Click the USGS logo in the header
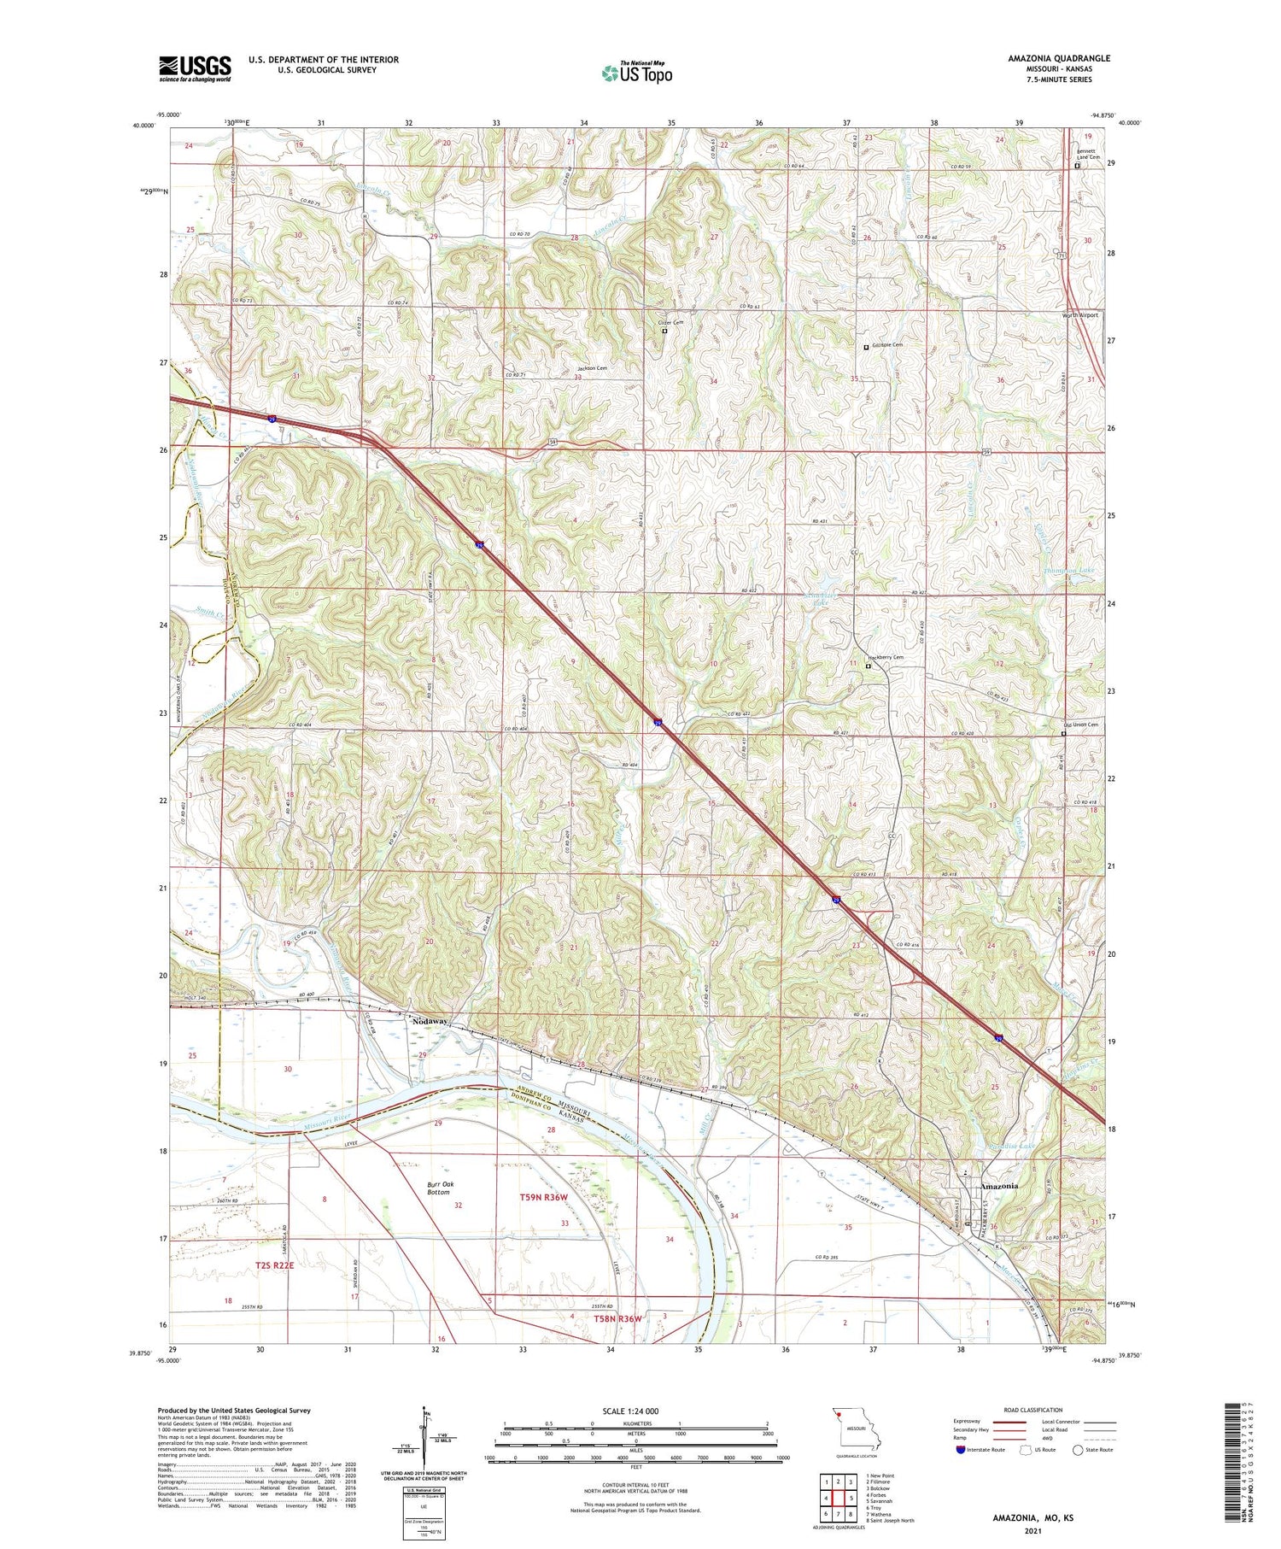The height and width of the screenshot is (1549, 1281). (x=195, y=68)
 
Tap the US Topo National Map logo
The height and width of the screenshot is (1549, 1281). (x=637, y=73)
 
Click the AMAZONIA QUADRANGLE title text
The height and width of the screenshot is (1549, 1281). (x=1059, y=58)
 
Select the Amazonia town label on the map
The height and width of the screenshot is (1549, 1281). (x=998, y=1186)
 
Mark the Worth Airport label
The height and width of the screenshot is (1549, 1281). (x=1079, y=315)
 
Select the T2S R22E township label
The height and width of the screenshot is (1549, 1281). (x=274, y=1264)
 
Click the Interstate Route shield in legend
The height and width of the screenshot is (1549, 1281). (x=962, y=1450)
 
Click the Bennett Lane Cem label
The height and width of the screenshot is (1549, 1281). (x=1088, y=155)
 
